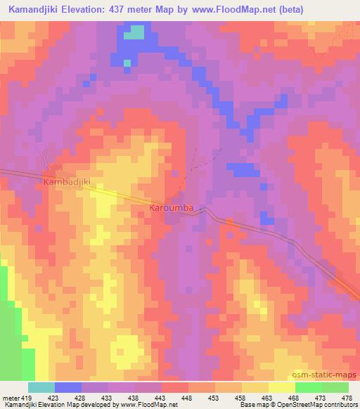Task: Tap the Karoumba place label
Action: click(172, 209)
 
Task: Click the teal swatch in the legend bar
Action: click(41, 387)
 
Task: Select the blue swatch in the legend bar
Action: click(68, 387)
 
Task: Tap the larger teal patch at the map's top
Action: click(135, 32)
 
